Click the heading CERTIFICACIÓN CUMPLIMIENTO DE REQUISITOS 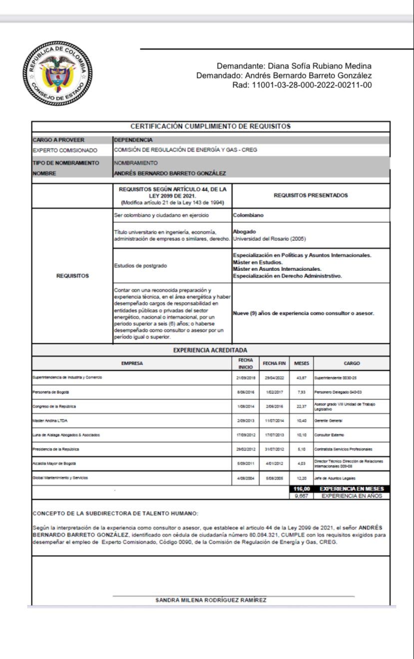click(x=210, y=126)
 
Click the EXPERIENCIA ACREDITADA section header click(x=210, y=350)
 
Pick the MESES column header click(x=301, y=363)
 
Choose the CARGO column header click(x=352, y=363)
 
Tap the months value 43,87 click(x=301, y=378)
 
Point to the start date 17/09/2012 click(x=246, y=435)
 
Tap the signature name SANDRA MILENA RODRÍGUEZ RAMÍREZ click(x=211, y=600)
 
